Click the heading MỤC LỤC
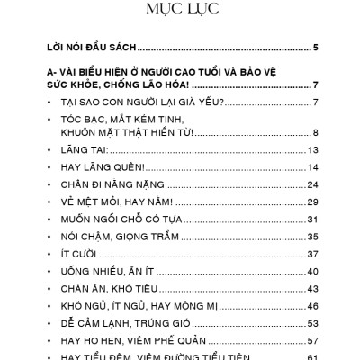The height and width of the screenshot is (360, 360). [180, 11]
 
